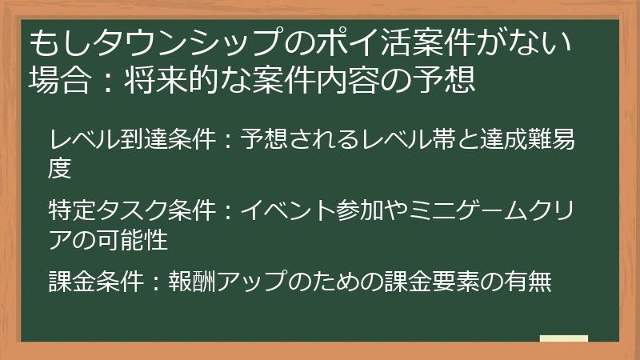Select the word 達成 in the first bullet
[481, 142]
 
